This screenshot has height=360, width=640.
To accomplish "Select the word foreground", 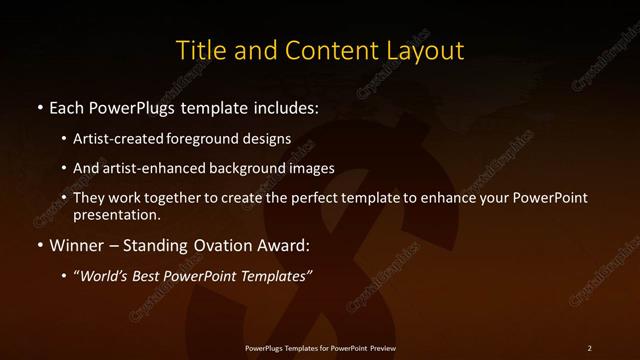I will click(203, 139).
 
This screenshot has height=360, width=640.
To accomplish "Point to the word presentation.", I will click(116, 214).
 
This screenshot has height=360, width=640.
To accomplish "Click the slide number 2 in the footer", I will click(590, 348).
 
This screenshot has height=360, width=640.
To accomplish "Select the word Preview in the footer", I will click(377, 348).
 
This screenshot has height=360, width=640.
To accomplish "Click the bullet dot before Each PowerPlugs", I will click(39, 107).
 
